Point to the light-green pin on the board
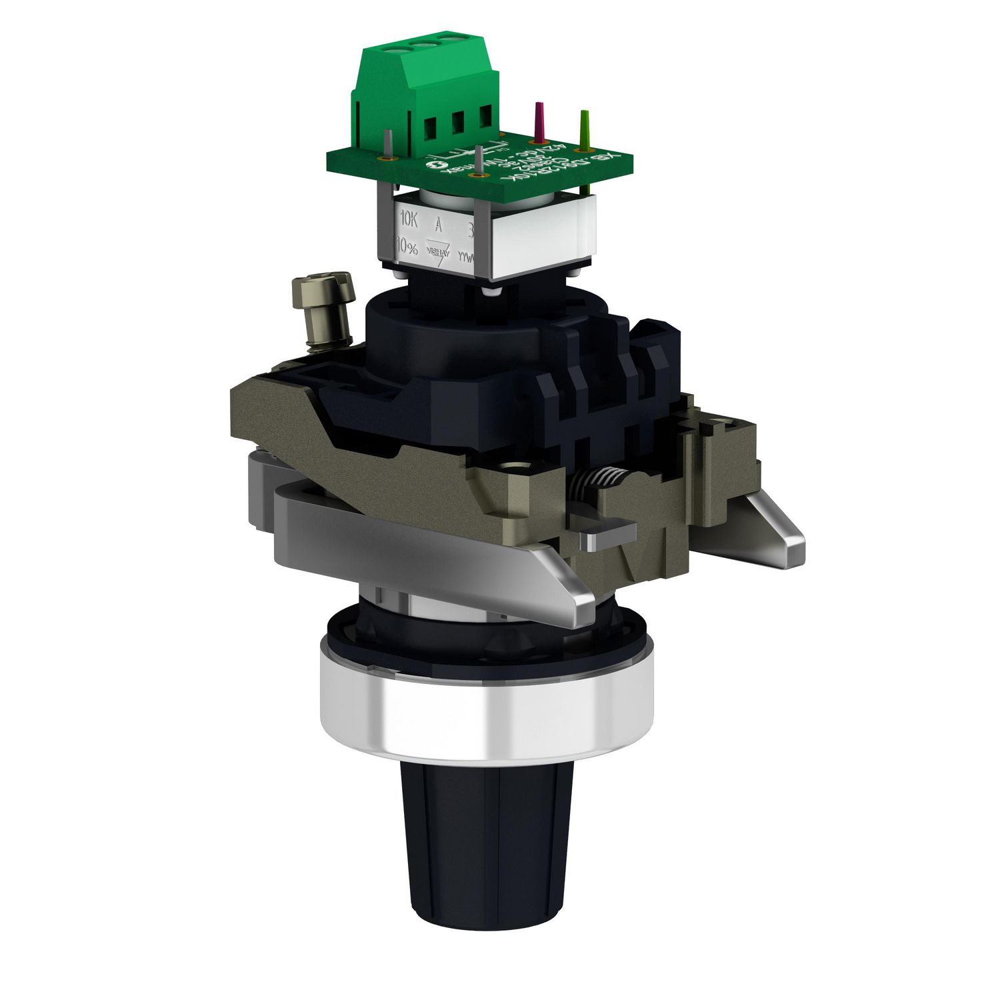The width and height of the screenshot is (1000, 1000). pyautogui.click(x=584, y=127)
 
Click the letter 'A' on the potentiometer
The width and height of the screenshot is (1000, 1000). pyautogui.click(x=438, y=223)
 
